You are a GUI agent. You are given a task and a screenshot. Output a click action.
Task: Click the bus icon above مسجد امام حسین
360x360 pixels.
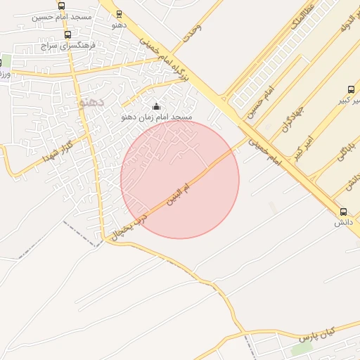62,6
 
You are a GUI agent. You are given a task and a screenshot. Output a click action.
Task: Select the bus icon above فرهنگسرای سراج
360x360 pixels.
67,34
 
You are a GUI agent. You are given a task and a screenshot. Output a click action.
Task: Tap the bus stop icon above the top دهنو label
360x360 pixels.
118,13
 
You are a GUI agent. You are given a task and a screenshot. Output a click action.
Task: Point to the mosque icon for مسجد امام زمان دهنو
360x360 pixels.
156,106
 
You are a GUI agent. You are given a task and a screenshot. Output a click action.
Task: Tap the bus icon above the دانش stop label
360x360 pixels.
343,212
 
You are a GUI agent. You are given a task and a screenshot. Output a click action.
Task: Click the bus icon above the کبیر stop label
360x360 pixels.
351,89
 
